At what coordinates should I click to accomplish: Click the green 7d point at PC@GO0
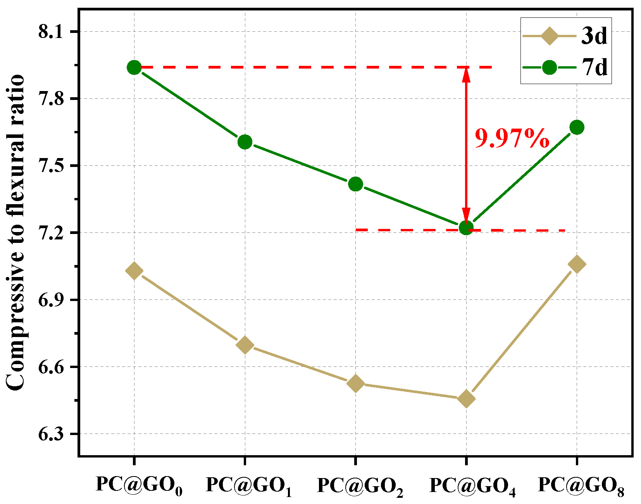(x=134, y=67)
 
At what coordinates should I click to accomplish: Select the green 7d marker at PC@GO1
(x=245, y=142)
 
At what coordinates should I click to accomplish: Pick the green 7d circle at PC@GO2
(x=355, y=184)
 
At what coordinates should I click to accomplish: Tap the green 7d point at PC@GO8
(x=577, y=127)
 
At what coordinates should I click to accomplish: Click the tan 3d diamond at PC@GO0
(x=134, y=270)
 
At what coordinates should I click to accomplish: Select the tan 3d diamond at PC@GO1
(x=245, y=345)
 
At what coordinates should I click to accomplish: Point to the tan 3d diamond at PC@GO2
(x=355, y=384)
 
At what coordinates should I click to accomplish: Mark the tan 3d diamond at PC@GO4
(x=466, y=399)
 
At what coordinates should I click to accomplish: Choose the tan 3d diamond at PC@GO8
(x=577, y=264)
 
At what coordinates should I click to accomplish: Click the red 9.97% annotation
(x=512, y=138)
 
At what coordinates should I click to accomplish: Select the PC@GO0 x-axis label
(x=139, y=485)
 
